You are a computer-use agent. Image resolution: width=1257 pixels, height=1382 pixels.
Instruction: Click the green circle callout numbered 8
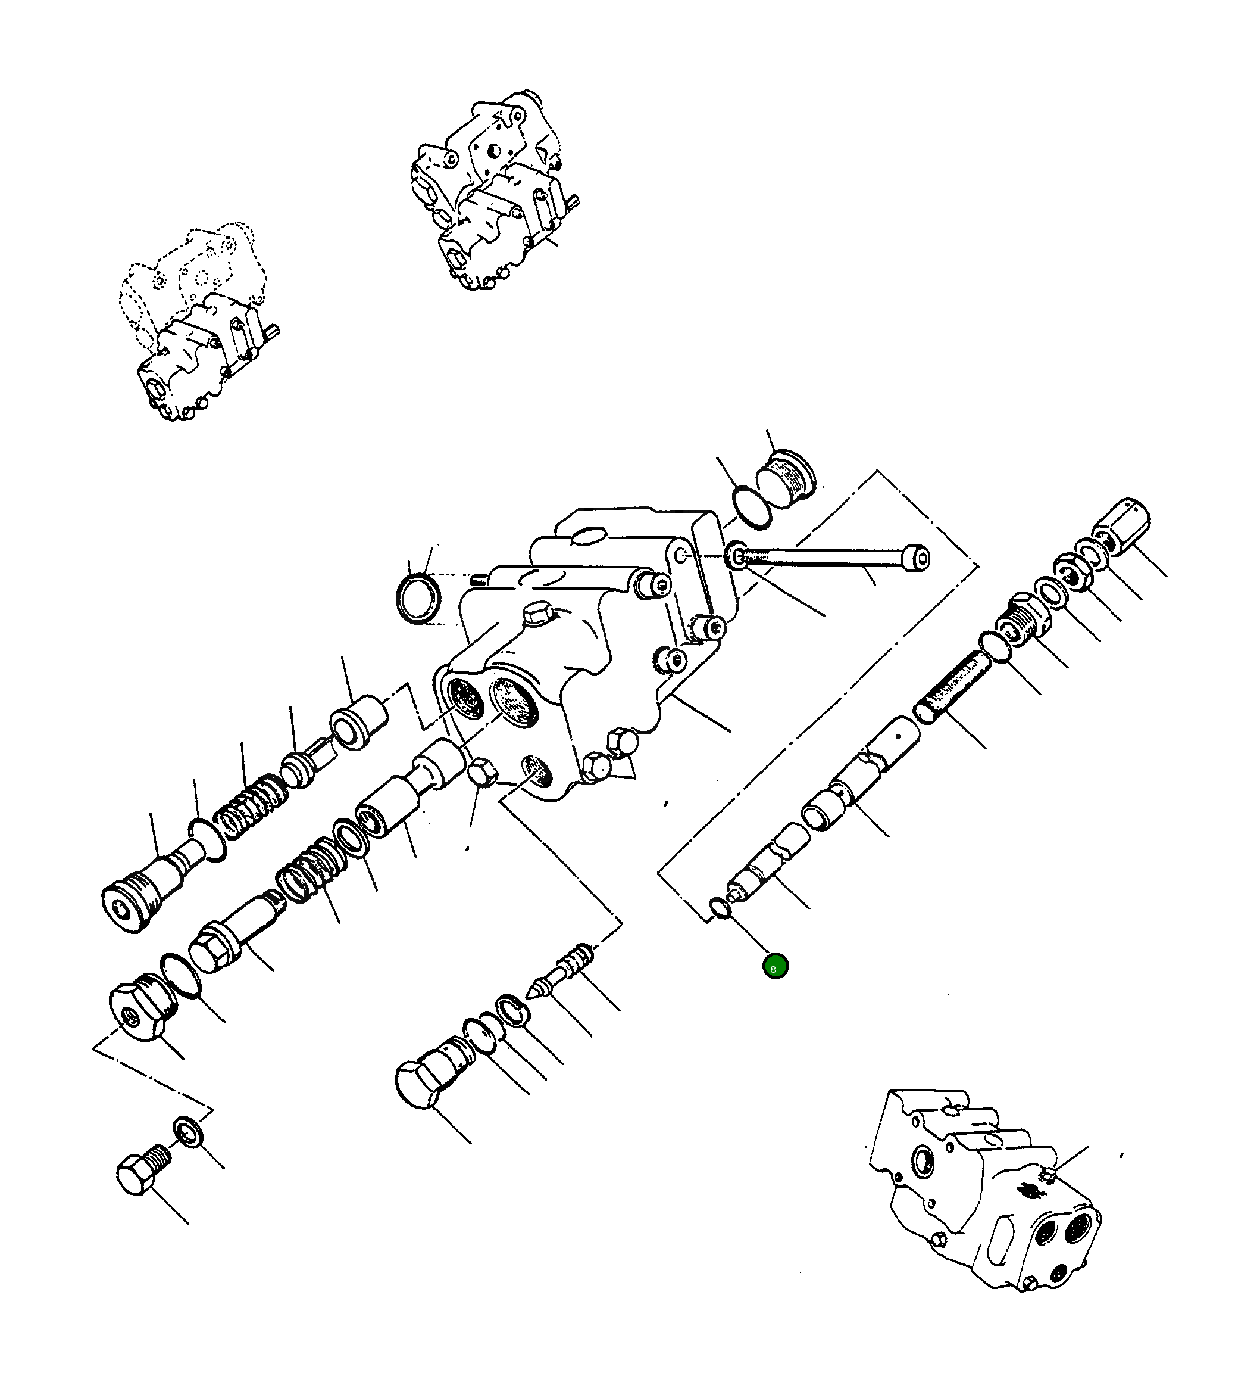pos(776,967)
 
